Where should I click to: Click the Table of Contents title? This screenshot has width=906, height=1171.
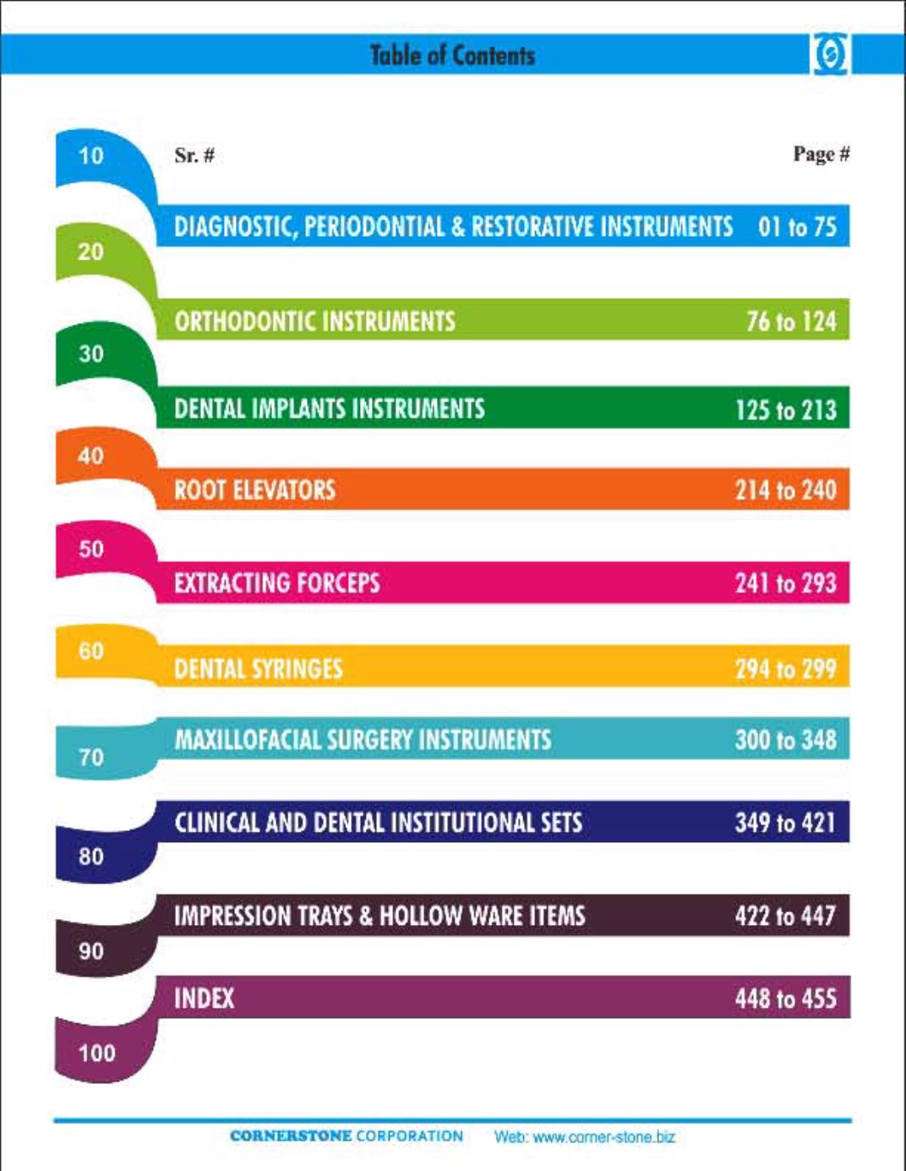pyautogui.click(x=452, y=56)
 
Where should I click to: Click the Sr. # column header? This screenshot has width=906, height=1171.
pyautogui.click(x=194, y=156)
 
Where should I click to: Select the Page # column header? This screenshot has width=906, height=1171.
pyautogui.click(x=821, y=154)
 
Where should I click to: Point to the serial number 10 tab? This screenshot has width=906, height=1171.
pyautogui.click(x=90, y=156)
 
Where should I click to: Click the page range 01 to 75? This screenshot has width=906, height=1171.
pyautogui.click(x=797, y=227)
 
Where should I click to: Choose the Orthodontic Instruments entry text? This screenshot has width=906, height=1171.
pyautogui.click(x=314, y=321)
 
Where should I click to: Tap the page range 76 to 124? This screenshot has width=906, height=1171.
pyautogui.click(x=791, y=321)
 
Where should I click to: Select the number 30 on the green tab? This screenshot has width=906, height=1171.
pyautogui.click(x=90, y=353)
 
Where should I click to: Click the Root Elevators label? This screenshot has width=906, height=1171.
pyautogui.click(x=254, y=490)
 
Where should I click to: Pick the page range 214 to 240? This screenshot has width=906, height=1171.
pyautogui.click(x=785, y=490)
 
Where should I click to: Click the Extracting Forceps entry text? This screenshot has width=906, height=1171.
pyautogui.click(x=276, y=583)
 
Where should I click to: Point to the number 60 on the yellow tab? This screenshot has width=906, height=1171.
pyautogui.click(x=90, y=651)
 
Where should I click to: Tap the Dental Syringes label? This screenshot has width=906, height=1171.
pyautogui.click(x=258, y=670)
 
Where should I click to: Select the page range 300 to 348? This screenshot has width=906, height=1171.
pyautogui.click(x=785, y=740)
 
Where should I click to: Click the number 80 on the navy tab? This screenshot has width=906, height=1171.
pyautogui.click(x=90, y=856)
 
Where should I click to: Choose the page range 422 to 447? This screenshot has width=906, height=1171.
pyautogui.click(x=785, y=916)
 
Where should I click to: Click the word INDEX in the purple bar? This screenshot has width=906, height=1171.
pyautogui.click(x=204, y=999)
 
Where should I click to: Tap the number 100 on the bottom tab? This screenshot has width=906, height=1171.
pyautogui.click(x=96, y=1053)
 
